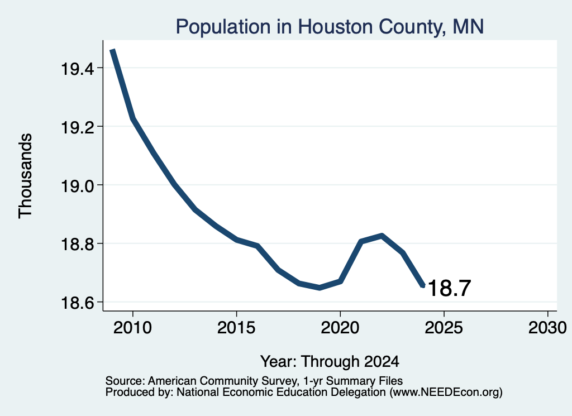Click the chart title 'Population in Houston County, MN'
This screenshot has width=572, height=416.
pyautogui.click(x=330, y=27)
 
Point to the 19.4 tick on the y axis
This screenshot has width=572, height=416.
pyautogui.click(x=77, y=69)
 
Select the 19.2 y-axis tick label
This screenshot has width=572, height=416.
pyautogui.click(x=77, y=127)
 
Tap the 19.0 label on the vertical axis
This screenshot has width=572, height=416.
pyautogui.click(x=77, y=185)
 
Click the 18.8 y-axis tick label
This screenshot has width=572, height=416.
pyautogui.click(x=77, y=244)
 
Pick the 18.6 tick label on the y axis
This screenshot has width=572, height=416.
pyautogui.click(x=77, y=303)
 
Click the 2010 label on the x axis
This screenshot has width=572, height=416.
pyautogui.click(x=132, y=328)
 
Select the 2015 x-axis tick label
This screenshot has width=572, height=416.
pyautogui.click(x=236, y=328)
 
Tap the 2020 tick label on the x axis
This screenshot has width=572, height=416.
pyautogui.click(x=340, y=328)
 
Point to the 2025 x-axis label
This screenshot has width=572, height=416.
pyautogui.click(x=444, y=328)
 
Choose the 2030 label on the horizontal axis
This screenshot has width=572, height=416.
pyautogui.click(x=547, y=328)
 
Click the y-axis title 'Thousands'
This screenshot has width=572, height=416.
pyautogui.click(x=26, y=176)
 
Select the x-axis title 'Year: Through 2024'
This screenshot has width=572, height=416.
pyautogui.click(x=330, y=361)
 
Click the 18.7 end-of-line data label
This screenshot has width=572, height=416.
pyautogui.click(x=449, y=288)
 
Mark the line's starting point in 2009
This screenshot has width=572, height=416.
pyautogui.click(x=112, y=50)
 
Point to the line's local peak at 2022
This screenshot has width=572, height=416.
pyautogui.click(x=382, y=236)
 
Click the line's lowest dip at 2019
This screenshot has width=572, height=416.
pyautogui.click(x=320, y=288)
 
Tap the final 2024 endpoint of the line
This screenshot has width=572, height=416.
pyautogui.click(x=423, y=286)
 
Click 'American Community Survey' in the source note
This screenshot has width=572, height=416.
pyautogui.click(x=222, y=381)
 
